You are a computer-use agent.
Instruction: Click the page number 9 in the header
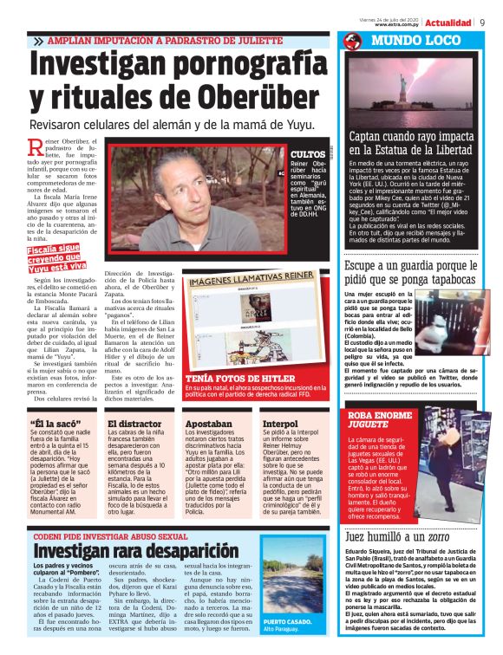[481, 23]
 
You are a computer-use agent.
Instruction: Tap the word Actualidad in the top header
[448, 23]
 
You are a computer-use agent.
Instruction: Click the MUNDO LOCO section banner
[415, 41]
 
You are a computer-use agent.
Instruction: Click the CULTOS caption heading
[308, 153]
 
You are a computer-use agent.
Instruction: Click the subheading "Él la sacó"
[50, 424]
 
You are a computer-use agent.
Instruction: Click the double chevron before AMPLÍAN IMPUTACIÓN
[38, 42]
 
